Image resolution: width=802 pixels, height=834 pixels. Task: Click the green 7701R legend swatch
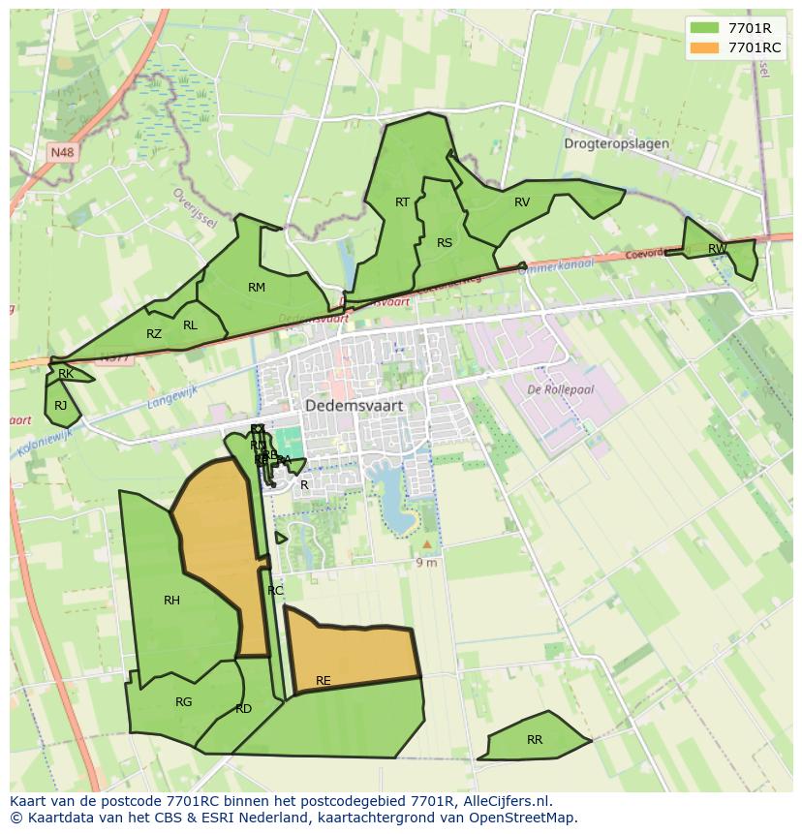(704, 28)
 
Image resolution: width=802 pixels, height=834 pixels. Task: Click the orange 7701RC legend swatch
(704, 47)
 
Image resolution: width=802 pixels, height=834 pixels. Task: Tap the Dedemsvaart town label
(354, 407)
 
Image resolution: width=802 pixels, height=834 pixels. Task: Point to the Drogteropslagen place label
(616, 143)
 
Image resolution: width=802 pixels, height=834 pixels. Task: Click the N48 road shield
(62, 152)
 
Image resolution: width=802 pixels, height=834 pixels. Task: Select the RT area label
(403, 202)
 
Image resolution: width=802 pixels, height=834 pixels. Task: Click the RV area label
(522, 202)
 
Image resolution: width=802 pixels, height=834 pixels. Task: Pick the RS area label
(445, 243)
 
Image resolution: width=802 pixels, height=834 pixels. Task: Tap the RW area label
(717, 249)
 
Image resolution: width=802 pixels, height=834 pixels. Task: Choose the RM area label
(257, 288)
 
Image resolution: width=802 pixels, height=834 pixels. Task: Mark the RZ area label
(154, 334)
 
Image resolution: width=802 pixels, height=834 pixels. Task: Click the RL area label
(190, 325)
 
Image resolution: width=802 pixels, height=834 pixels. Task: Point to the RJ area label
(61, 406)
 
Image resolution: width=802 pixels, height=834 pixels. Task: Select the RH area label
(171, 601)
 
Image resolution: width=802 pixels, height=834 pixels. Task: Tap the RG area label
(184, 702)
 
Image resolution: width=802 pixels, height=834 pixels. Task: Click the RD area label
(243, 709)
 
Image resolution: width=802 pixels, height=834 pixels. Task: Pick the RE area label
(324, 681)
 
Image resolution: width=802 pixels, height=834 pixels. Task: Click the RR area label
(535, 740)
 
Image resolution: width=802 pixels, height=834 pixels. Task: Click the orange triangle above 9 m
(427, 544)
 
